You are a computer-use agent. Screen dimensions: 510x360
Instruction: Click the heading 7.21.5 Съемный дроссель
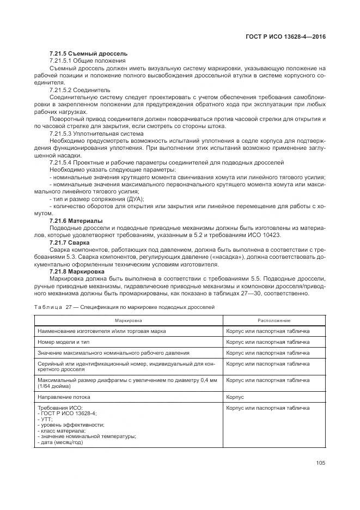(x=88, y=53)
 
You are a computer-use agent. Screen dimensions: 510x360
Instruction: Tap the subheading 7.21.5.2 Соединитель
(x=80, y=89)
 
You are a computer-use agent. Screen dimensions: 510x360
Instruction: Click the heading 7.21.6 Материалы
(x=76, y=221)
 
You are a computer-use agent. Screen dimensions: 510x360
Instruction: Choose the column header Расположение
(x=274, y=320)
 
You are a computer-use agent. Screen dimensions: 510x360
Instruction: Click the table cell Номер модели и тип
(x=63, y=342)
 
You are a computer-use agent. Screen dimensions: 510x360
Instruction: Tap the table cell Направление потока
(x=64, y=397)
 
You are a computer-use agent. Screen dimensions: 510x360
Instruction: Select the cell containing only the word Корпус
(x=235, y=397)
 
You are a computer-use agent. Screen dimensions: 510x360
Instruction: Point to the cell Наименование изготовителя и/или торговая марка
(x=102, y=331)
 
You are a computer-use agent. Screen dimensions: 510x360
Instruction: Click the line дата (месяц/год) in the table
(x=60, y=442)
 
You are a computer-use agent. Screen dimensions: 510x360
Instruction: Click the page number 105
(x=320, y=463)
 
